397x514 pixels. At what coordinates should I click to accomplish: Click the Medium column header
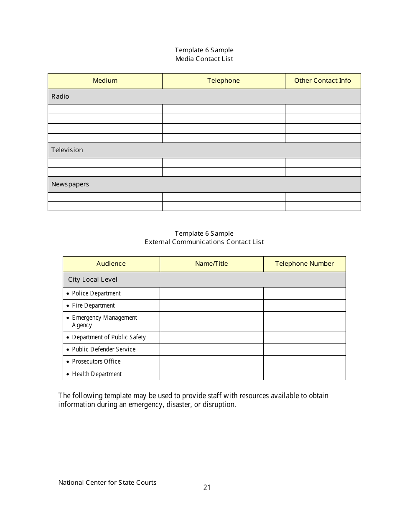tap(105, 81)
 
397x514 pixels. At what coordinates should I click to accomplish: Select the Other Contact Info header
tap(323, 81)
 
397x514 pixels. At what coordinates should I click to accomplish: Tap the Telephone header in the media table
tap(224, 81)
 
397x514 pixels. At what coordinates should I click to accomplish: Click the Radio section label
tap(60, 97)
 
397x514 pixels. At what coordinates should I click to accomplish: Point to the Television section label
tap(67, 150)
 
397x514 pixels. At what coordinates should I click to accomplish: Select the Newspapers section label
tap(70, 184)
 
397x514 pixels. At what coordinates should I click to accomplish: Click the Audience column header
tap(111, 264)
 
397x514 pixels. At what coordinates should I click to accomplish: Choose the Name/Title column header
tap(211, 264)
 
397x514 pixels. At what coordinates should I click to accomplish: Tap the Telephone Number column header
tap(304, 264)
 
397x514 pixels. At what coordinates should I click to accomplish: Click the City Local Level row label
tap(93, 280)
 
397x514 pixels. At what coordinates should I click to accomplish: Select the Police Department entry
tap(96, 293)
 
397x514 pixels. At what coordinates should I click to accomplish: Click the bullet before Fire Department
tap(68, 306)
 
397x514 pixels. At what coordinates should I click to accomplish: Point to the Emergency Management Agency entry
tap(104, 321)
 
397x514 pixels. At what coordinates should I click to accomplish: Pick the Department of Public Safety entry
tap(109, 337)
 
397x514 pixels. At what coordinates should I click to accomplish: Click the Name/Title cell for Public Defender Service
tap(211, 349)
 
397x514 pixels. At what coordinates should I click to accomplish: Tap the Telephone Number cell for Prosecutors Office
tap(304, 361)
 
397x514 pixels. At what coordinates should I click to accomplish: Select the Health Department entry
tap(97, 374)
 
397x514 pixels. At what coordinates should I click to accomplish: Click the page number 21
tap(207, 487)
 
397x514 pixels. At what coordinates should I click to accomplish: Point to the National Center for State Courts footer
tap(107, 483)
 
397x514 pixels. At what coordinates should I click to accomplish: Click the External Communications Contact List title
tap(204, 242)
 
